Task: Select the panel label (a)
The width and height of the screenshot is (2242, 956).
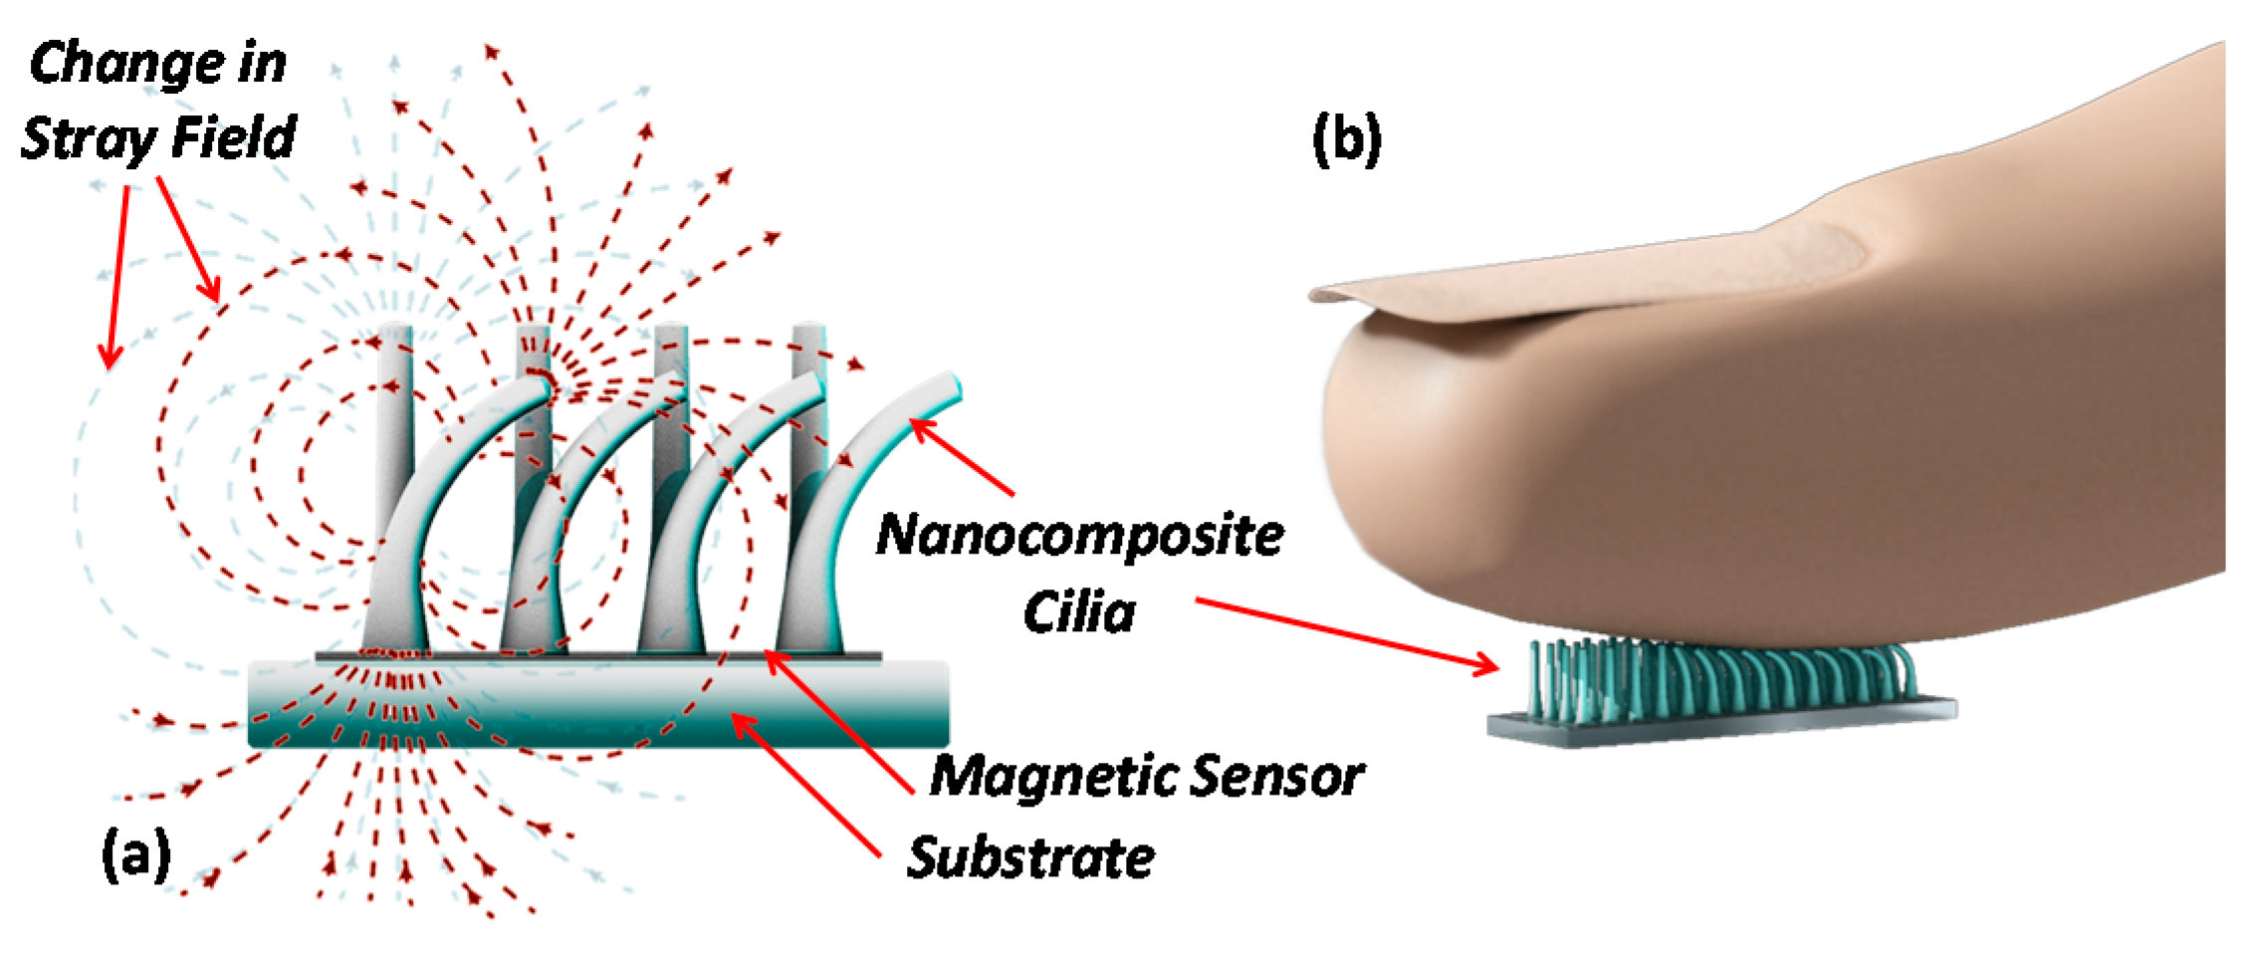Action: point(136,854)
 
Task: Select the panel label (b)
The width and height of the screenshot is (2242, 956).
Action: point(1346,139)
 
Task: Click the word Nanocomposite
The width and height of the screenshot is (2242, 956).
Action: point(1079,536)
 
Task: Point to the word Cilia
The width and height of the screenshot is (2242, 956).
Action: point(1079,611)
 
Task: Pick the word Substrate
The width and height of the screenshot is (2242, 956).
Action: point(1030,857)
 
